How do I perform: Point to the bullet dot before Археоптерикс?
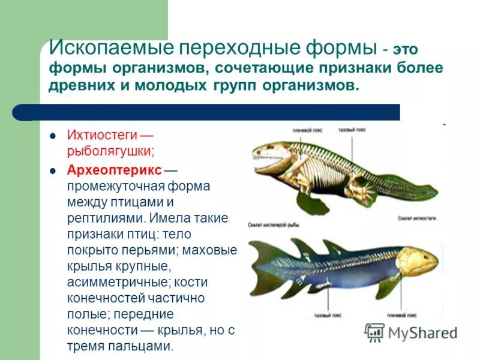coord(53,170)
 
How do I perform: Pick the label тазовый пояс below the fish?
coord(328,314)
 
